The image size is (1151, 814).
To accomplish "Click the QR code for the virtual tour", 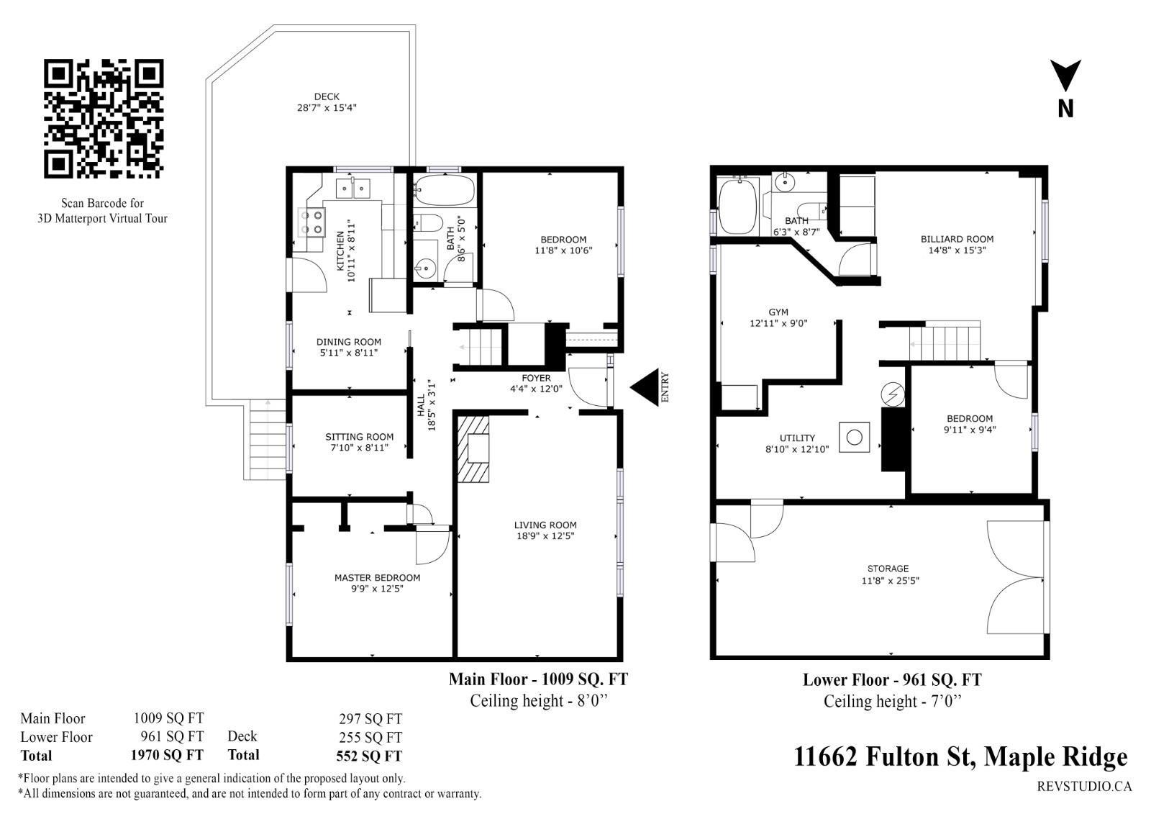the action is tap(104, 119).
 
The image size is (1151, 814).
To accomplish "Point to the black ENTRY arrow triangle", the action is tap(645, 387).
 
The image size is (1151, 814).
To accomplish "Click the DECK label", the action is tap(327, 96).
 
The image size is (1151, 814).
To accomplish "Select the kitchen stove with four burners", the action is tap(312, 222).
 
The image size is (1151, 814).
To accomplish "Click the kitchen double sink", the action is tap(353, 188).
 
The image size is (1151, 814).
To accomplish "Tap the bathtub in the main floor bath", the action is tap(445, 189).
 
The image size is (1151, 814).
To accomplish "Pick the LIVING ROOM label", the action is tap(545, 525).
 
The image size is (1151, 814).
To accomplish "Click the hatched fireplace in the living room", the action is tap(473, 449).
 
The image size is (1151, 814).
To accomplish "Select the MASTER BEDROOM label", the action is tap(377, 577).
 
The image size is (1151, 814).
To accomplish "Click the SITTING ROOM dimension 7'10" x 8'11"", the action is tap(359, 448).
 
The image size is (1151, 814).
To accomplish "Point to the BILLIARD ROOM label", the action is tap(957, 239).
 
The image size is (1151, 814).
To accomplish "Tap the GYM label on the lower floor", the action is tap(778, 312).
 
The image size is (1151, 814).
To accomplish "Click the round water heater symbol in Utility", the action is tap(855, 438).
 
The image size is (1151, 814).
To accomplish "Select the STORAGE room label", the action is tap(888, 569).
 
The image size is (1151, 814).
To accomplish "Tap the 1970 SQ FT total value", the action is tap(167, 755).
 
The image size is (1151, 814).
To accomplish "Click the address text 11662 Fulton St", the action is tap(883, 756).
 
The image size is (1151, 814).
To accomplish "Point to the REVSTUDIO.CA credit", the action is tap(1084, 786).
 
